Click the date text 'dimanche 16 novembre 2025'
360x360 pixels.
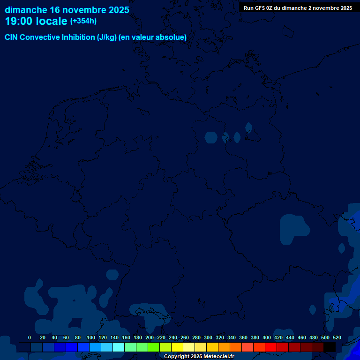(67, 10)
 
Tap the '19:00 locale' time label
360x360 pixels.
(37, 21)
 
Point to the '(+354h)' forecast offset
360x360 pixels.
(83, 21)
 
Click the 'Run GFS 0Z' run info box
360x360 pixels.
(298, 8)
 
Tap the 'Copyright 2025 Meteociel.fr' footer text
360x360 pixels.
(199, 357)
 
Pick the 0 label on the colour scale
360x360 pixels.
(30, 337)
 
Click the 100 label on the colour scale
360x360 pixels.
(91, 337)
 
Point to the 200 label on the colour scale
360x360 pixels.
(150, 337)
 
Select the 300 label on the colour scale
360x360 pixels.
(208, 337)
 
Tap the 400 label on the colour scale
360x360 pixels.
(267, 337)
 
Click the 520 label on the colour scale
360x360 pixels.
(337, 337)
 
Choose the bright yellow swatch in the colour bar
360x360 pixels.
(177, 347)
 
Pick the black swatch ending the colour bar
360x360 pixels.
(330, 347)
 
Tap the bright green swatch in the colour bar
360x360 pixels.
(154, 347)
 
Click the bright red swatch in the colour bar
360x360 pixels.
(271, 347)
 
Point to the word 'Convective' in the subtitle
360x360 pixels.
(40, 37)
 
